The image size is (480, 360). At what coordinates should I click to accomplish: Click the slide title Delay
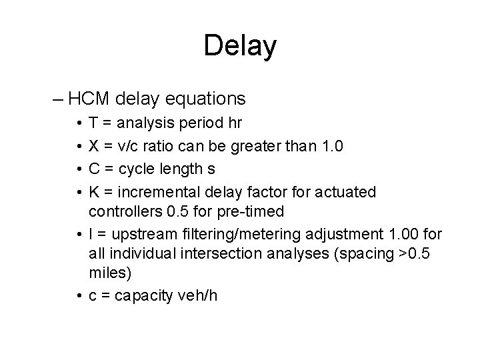point(240,46)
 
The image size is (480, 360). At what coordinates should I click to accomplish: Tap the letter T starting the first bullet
point(93,123)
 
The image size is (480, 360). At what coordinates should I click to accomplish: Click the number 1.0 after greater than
point(331,146)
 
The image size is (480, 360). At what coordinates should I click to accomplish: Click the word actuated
point(348,193)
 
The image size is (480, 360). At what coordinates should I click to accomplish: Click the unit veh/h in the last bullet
point(194,296)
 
